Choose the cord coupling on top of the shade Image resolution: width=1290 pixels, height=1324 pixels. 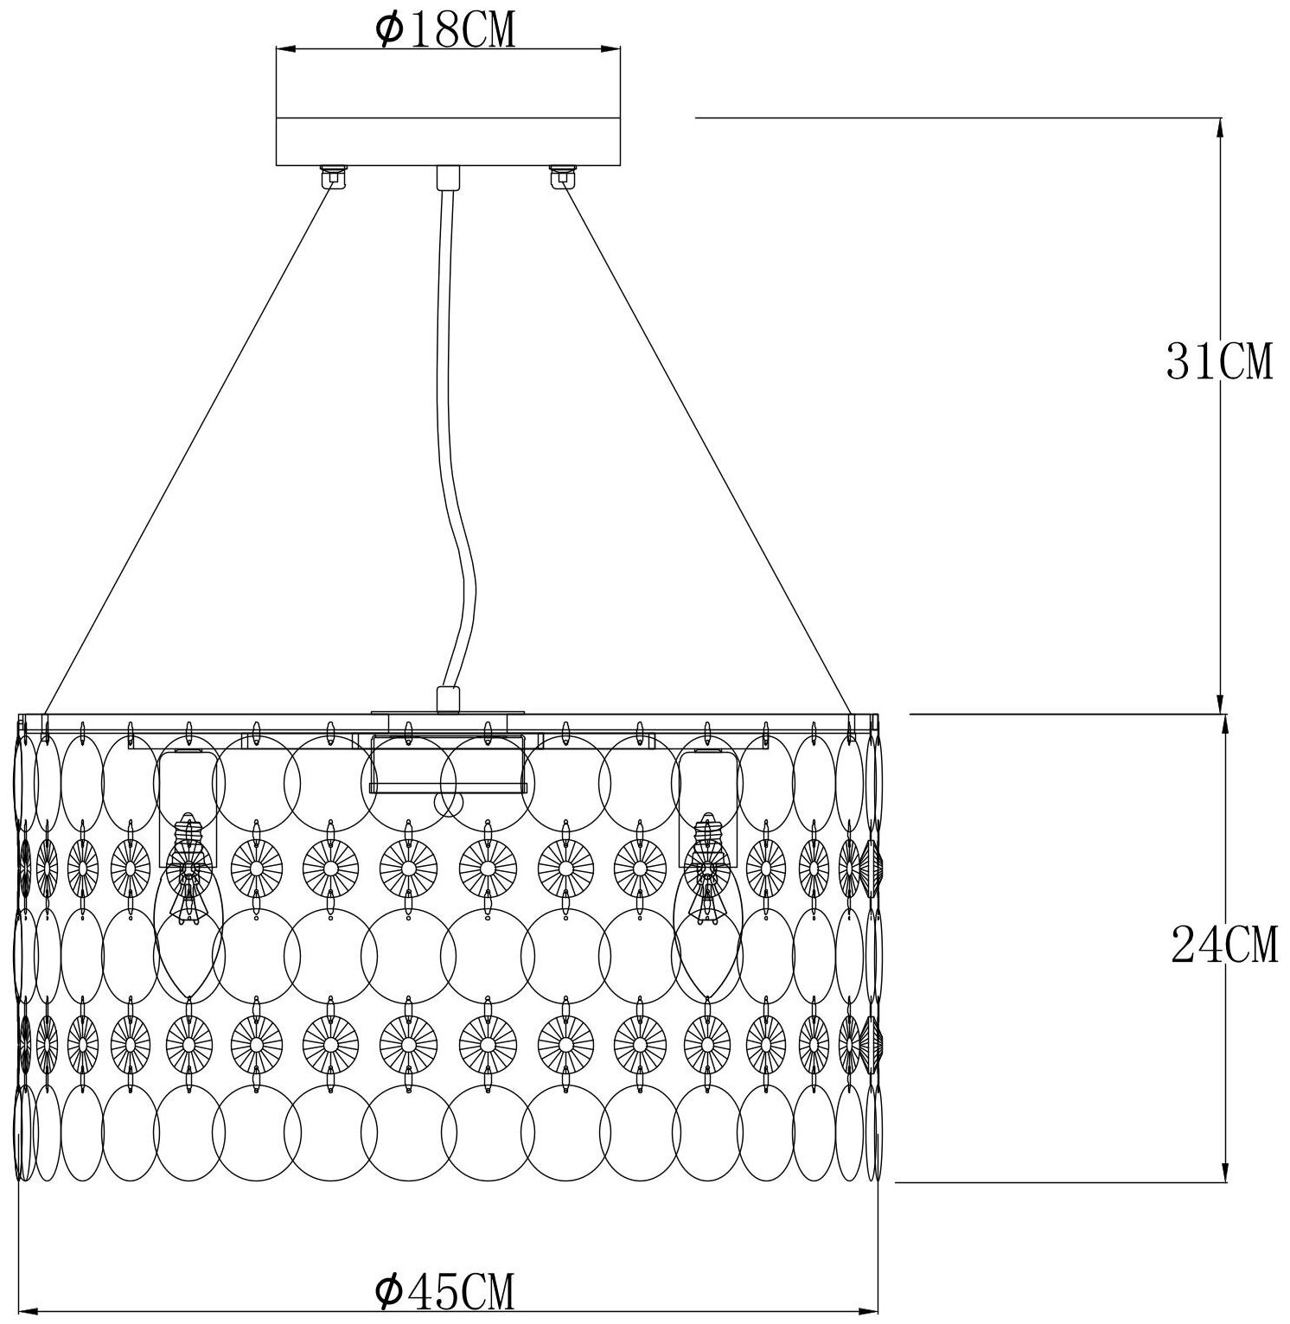pos(448,699)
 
